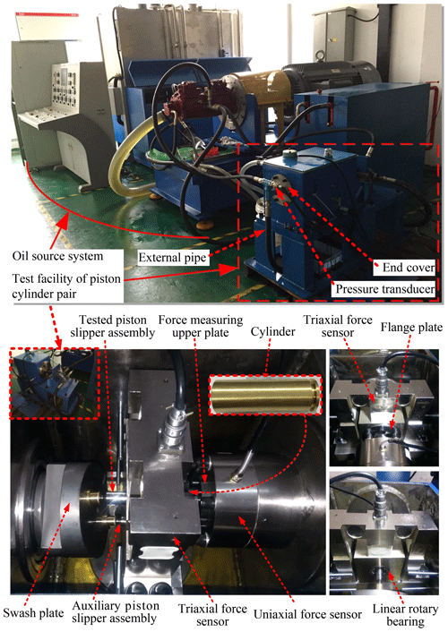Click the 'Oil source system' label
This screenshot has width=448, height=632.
pyautogui.click(x=57, y=256)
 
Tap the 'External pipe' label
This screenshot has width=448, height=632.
pyautogui.click(x=172, y=258)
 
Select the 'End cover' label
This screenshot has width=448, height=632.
pyautogui.click(x=409, y=268)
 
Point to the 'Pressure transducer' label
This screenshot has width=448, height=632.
pyautogui.click(x=385, y=289)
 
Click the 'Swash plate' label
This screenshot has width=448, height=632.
pyautogui.click(x=33, y=613)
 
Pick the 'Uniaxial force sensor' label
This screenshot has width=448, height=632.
pyautogui.click(x=307, y=614)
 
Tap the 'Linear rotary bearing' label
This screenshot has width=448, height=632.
pyautogui.click(x=405, y=615)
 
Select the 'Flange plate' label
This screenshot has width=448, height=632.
pyautogui.click(x=411, y=327)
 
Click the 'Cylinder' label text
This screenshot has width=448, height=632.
pyautogui.click(x=273, y=332)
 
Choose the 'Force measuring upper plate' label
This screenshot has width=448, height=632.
pyautogui.click(x=201, y=326)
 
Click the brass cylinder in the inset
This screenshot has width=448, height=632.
pyautogui.click(x=265, y=395)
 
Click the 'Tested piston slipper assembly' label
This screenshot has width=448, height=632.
pyautogui.click(x=113, y=326)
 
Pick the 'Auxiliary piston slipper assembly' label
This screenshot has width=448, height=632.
pyautogui.click(x=116, y=611)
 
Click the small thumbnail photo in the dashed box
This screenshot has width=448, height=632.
pyautogui.click(x=55, y=383)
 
